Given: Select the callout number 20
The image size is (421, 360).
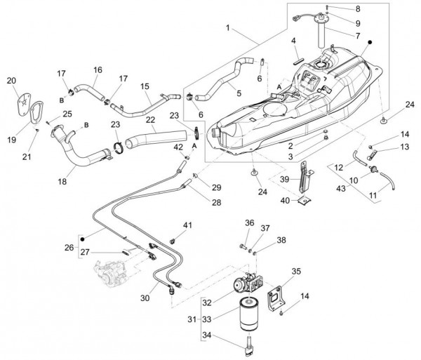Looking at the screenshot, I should click(11, 81).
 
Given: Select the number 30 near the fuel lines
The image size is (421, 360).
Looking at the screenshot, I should click(145, 298).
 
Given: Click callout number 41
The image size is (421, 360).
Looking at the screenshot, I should click(187, 225).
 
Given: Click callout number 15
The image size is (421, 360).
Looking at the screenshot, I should click(145, 87).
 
